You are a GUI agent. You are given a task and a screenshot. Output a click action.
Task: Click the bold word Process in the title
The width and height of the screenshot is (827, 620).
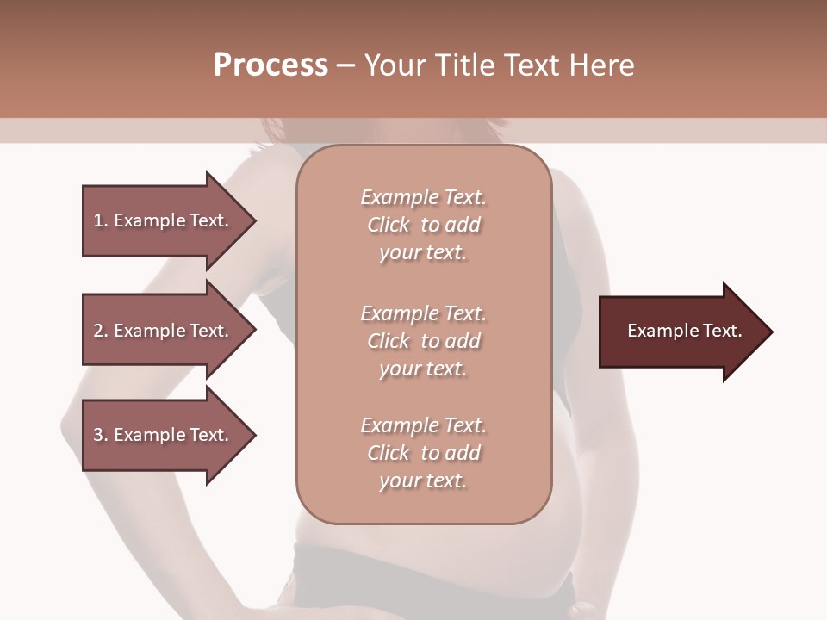pos(270,65)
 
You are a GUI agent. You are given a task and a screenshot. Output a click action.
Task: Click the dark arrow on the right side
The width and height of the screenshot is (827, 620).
pos(681,332)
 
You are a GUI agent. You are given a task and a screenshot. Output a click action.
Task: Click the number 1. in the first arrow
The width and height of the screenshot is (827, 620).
pos(101,221)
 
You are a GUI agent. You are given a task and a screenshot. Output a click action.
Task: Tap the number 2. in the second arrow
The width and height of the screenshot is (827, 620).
pos(101,332)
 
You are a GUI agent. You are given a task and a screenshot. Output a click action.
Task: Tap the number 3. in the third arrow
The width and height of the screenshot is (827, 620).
pos(101,436)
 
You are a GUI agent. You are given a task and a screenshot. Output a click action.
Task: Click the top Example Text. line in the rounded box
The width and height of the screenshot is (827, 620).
pos(423,198)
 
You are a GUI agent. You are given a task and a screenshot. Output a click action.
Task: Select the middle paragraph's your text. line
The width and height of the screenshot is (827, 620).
pos(422,369)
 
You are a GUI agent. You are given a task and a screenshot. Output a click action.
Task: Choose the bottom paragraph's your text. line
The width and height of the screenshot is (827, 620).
pos(422,481)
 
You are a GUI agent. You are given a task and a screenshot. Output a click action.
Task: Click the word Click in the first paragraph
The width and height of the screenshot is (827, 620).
pos(389,226)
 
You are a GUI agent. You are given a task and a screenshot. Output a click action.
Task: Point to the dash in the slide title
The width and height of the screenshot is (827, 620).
pos(345,65)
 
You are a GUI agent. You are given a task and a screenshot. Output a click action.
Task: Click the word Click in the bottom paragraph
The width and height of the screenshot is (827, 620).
pos(389,454)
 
